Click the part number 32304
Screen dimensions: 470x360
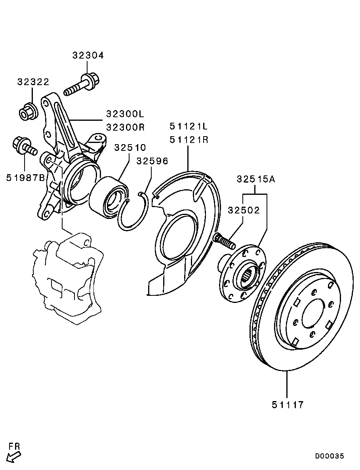coord(88,55)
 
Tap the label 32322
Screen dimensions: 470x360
coord(33,82)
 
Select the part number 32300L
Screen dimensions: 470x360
coord(125,114)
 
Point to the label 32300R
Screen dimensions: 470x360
coord(125,127)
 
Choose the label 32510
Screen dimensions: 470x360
coord(130,148)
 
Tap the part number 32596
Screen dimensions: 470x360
coord(152,161)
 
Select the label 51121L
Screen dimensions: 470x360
coord(189,127)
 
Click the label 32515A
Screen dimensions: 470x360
coord(256,179)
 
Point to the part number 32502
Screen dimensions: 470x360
coord(244,210)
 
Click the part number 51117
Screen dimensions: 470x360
coord(287,405)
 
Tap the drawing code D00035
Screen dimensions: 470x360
coord(330,456)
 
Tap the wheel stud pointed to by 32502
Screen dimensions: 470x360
coord(223,240)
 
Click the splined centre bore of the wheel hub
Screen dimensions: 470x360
coord(249,274)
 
